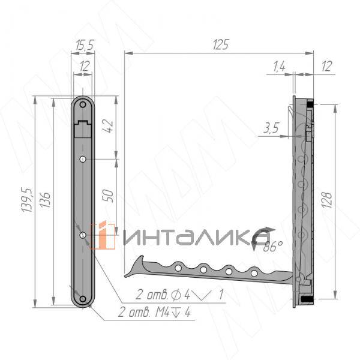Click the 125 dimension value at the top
click(221, 44)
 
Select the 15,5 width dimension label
click(85, 44)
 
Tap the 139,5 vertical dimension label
click(26, 200)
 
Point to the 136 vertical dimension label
click(45, 200)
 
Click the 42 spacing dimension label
click(107, 126)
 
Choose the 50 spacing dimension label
click(108, 196)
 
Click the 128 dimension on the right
click(327, 200)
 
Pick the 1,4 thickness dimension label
click(279, 67)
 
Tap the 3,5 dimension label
click(271, 128)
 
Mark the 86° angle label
click(273, 247)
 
